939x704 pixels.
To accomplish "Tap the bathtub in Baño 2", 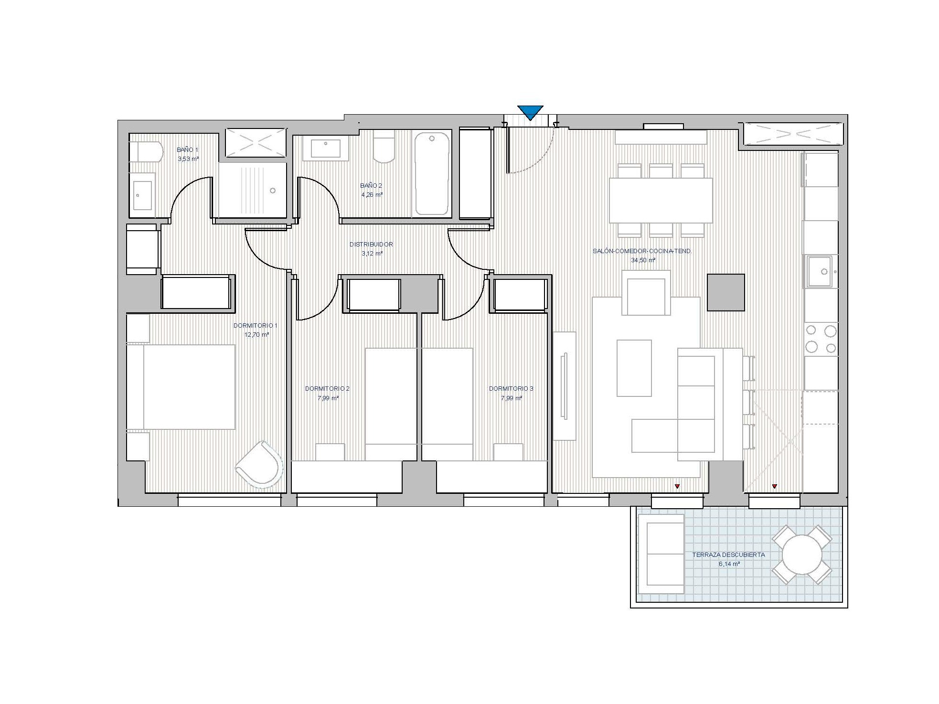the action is [432, 173].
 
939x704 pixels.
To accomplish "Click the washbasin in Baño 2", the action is [326, 148].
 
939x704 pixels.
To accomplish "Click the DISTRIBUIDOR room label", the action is [371, 245].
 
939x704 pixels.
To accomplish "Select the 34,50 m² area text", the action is [643, 260].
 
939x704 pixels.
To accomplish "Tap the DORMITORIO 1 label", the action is [255, 326].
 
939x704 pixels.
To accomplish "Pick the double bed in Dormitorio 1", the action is [181, 387].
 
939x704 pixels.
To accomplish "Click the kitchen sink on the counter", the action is [820, 272].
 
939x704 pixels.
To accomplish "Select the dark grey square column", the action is [726, 292].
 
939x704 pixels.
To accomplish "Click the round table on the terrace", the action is [802, 555].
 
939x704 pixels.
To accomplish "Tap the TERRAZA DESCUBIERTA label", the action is [728, 555].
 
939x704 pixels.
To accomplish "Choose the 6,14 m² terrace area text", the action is [729, 564].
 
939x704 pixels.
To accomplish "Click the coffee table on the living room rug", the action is [634, 368].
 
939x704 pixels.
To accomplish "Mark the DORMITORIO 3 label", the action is [511, 389].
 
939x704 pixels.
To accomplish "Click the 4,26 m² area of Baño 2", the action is [372, 195].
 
